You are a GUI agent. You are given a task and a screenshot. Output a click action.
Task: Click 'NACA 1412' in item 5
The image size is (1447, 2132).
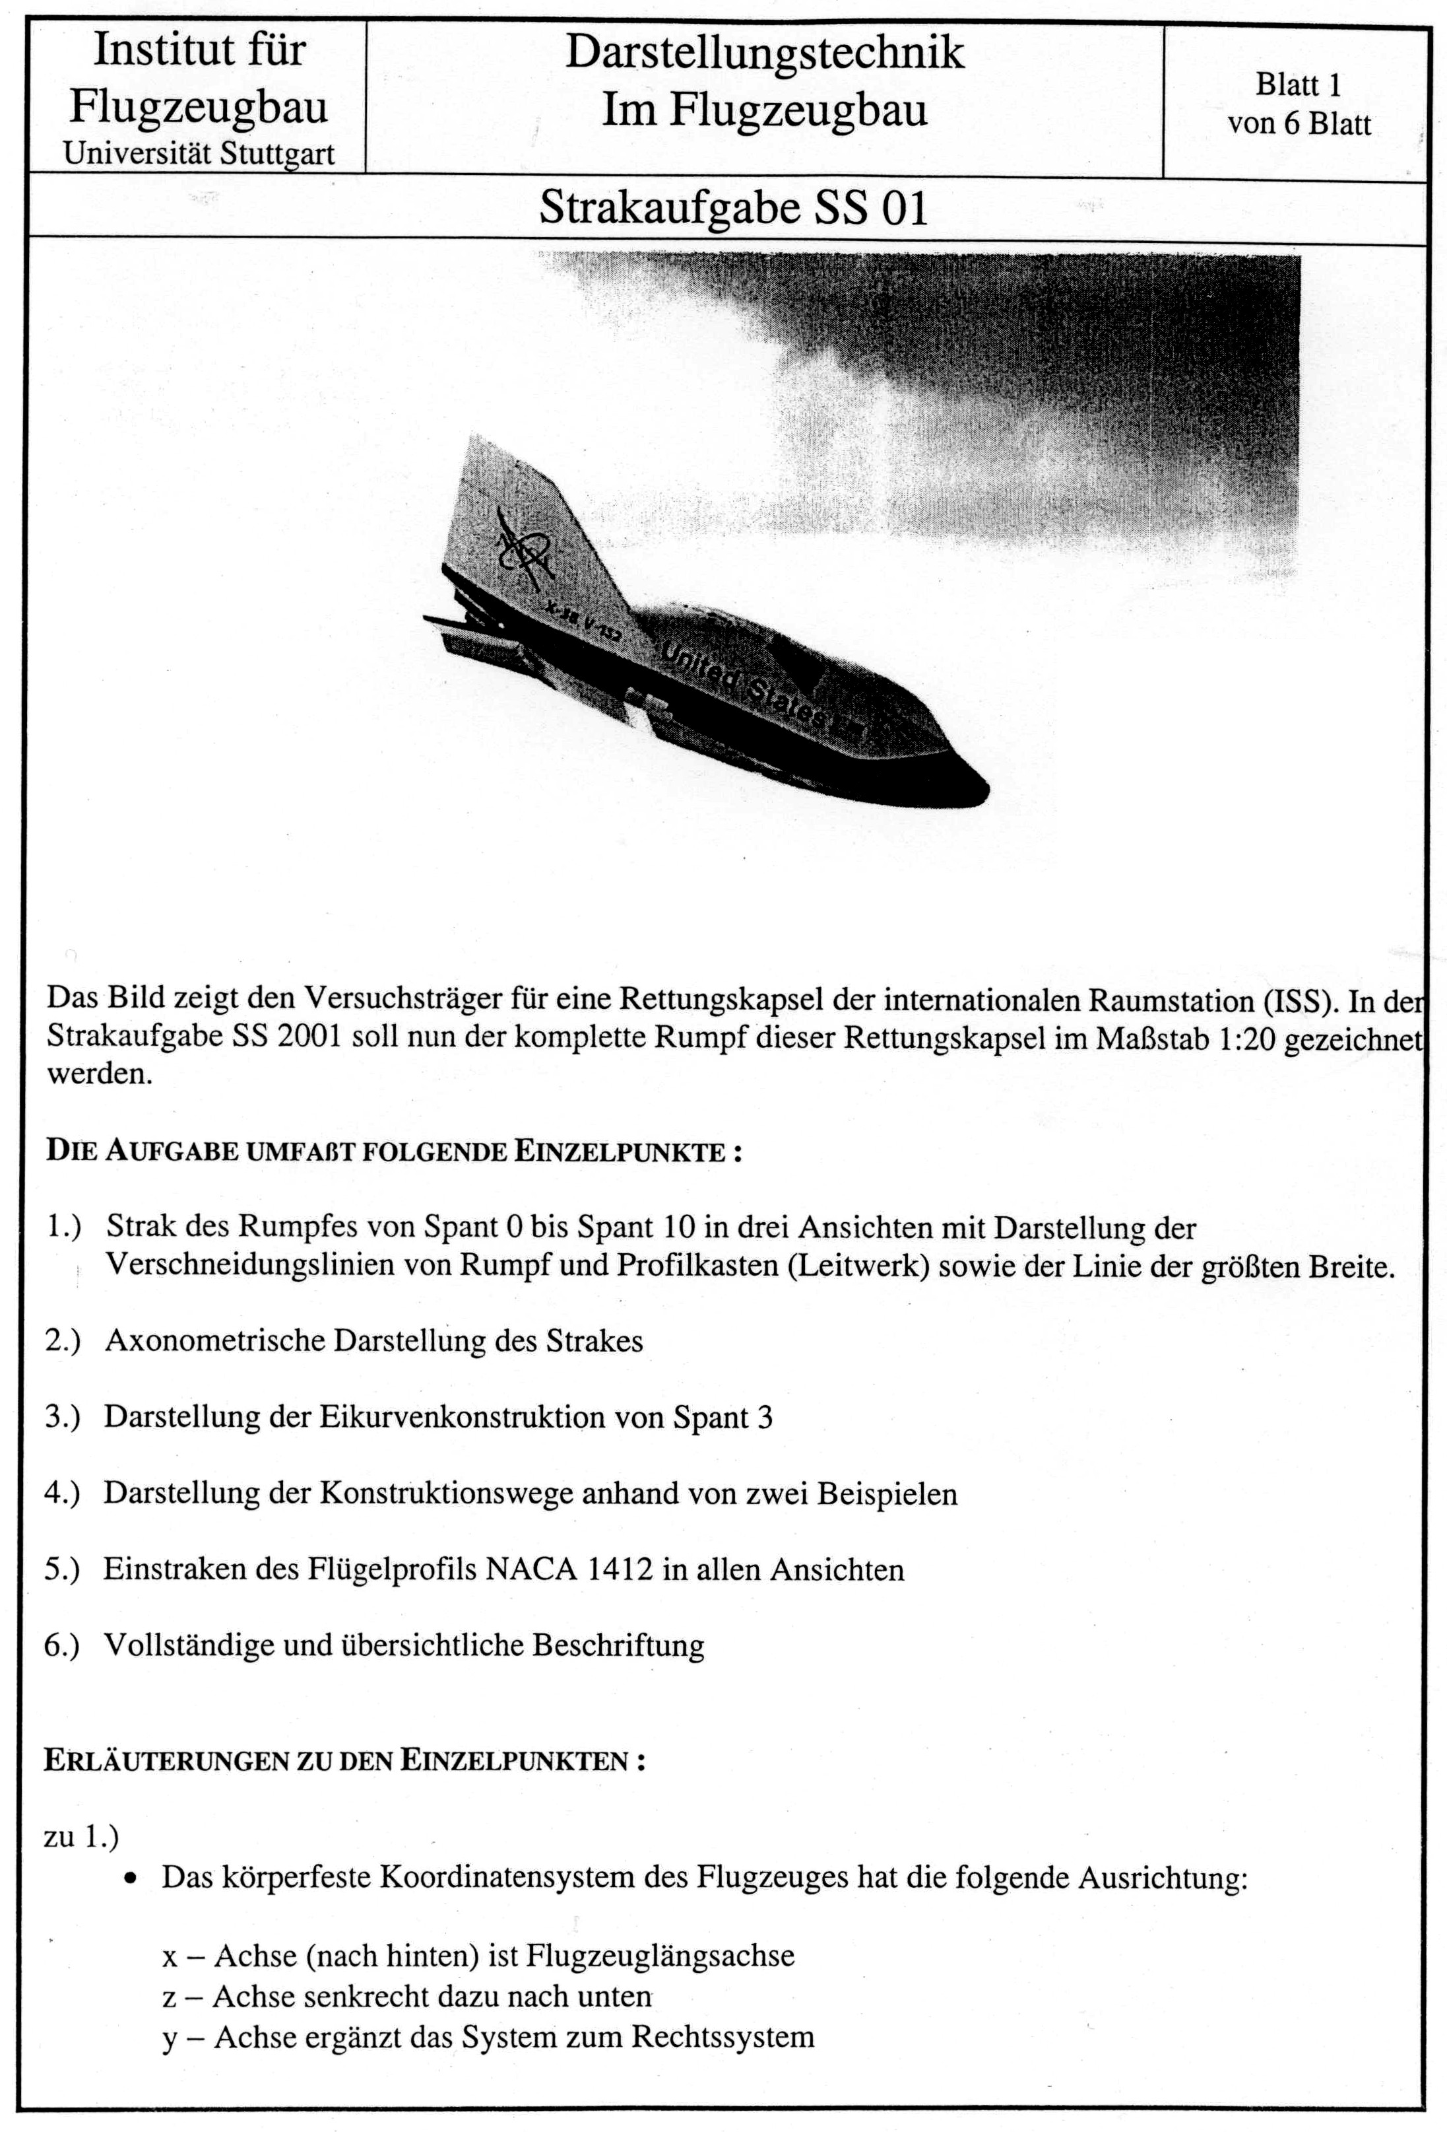(569, 1569)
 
